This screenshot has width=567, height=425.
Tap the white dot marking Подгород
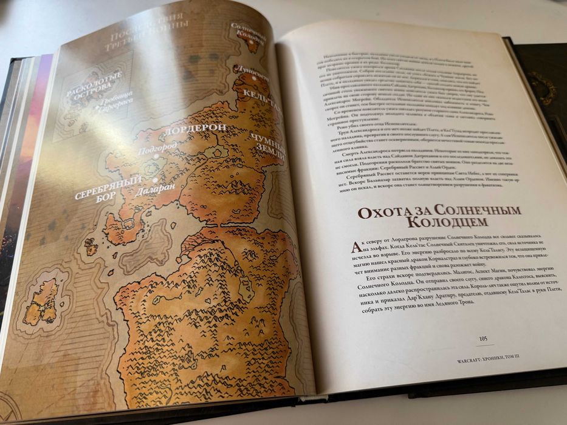156,156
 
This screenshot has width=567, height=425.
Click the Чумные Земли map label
263,146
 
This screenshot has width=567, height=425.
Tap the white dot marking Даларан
157,180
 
